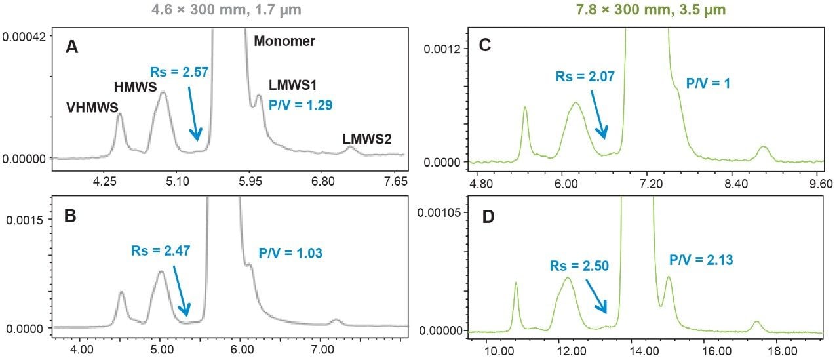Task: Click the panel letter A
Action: coord(74,49)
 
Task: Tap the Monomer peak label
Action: coord(284,41)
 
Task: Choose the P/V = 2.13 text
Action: coord(701,260)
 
